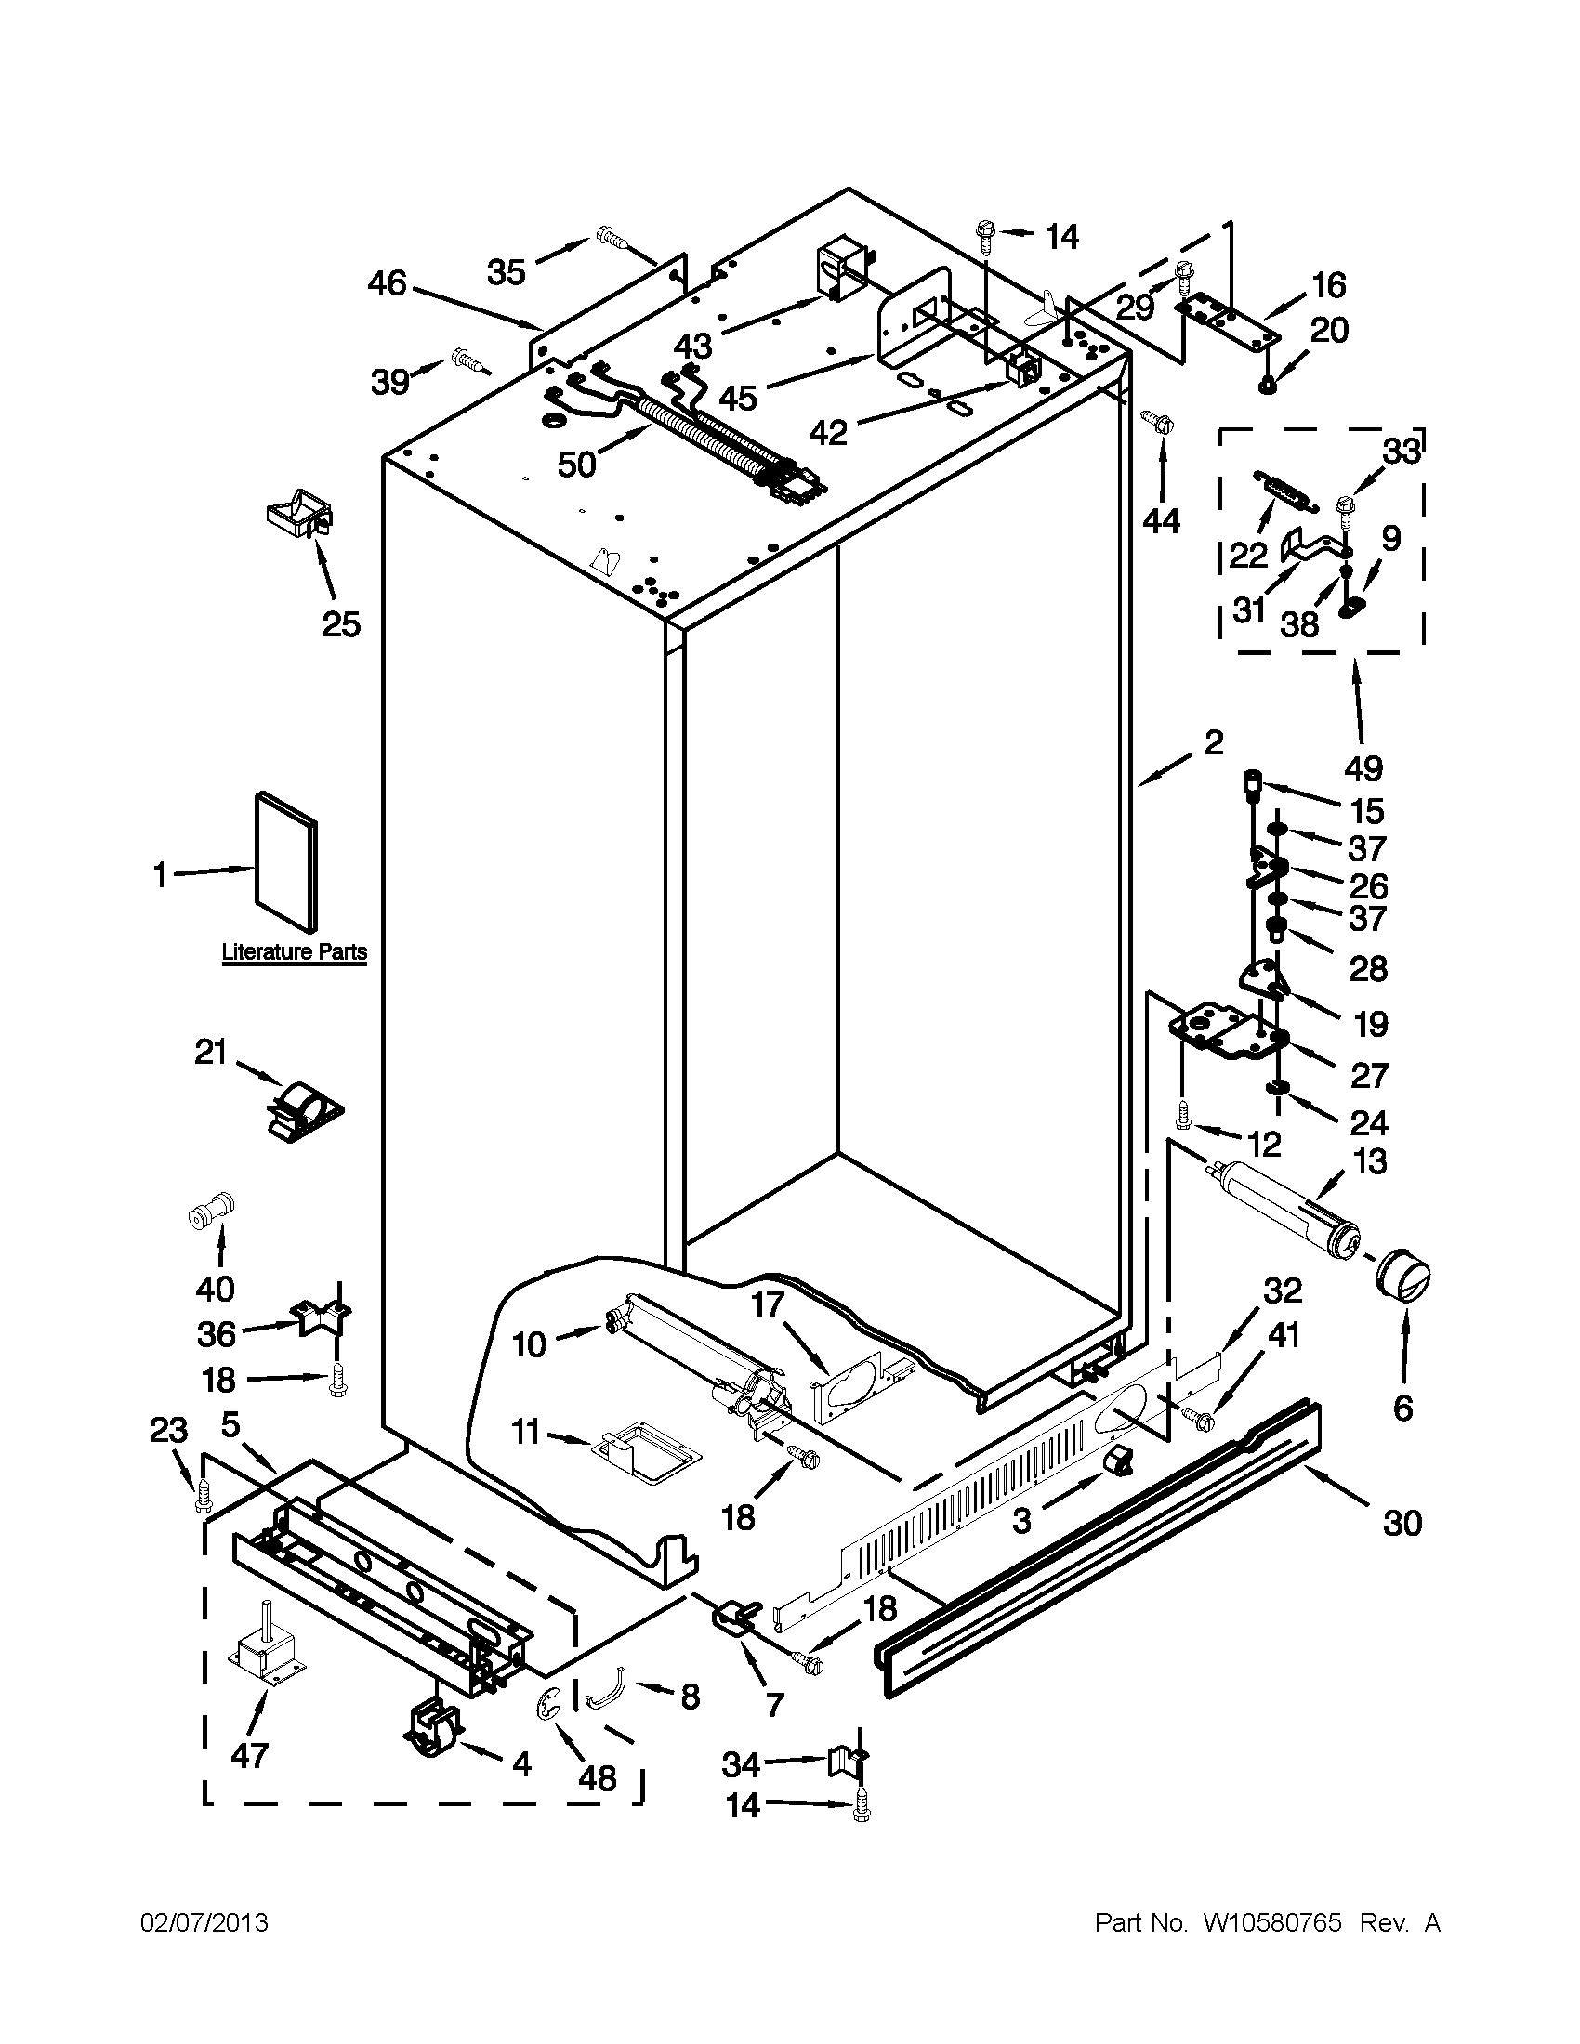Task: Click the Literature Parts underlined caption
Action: [294, 952]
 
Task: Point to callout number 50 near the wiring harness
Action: [576, 464]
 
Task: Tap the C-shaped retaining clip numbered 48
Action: [547, 1704]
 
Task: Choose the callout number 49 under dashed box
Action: [1363, 768]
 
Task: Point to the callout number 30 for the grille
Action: [1402, 1524]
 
